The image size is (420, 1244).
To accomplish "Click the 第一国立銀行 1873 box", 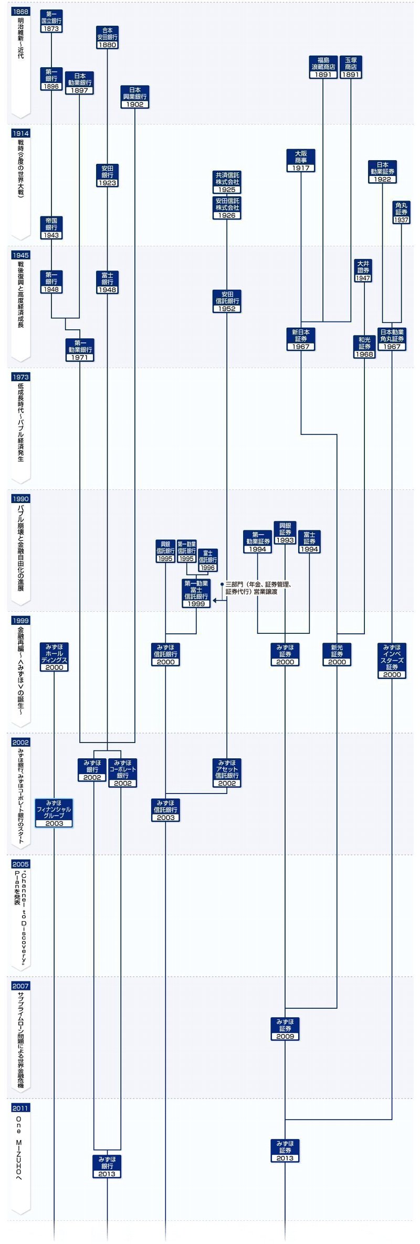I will click(x=51, y=21).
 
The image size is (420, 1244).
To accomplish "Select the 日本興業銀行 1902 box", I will click(x=135, y=97).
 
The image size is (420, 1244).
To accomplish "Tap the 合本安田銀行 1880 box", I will click(x=108, y=38).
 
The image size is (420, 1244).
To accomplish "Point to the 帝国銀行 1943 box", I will click(x=51, y=228).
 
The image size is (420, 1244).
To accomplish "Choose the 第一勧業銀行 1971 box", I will click(x=80, y=350).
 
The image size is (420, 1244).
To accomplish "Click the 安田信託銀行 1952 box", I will click(x=227, y=301).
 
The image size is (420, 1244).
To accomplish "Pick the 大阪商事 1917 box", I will click(x=301, y=161).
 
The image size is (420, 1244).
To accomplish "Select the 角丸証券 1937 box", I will click(x=401, y=213).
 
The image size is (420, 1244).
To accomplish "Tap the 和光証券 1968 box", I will click(x=364, y=347).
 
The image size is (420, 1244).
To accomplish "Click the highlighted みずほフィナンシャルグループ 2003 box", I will click(x=54, y=813).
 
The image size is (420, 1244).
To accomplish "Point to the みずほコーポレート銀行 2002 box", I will click(x=122, y=772).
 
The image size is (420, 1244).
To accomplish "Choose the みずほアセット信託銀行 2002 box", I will click(x=227, y=772).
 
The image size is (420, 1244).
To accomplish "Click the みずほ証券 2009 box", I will click(x=285, y=1029).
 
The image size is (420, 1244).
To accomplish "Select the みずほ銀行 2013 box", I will click(x=107, y=1166).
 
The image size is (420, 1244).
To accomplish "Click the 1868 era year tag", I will click(x=20, y=12).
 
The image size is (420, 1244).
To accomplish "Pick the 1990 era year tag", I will click(x=20, y=499).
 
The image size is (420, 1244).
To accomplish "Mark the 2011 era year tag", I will click(x=20, y=1107).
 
